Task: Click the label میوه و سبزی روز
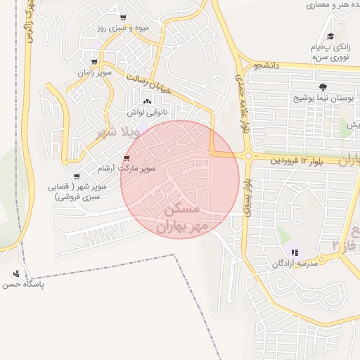pyautogui.click(x=123, y=28)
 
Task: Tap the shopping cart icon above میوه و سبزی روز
pyautogui.click(x=123, y=18)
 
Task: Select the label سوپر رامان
pyautogui.click(x=94, y=72)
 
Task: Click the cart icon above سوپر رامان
pyautogui.click(x=94, y=62)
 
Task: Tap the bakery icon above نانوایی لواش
pyautogui.click(x=147, y=103)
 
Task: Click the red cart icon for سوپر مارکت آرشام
pyautogui.click(x=127, y=158)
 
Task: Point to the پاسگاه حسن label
pyautogui.click(x=22, y=285)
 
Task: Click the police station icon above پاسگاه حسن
pyautogui.click(x=17, y=274)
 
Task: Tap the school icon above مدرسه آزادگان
pyautogui.click(x=295, y=252)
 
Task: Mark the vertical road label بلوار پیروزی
pyautogui.click(x=247, y=194)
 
